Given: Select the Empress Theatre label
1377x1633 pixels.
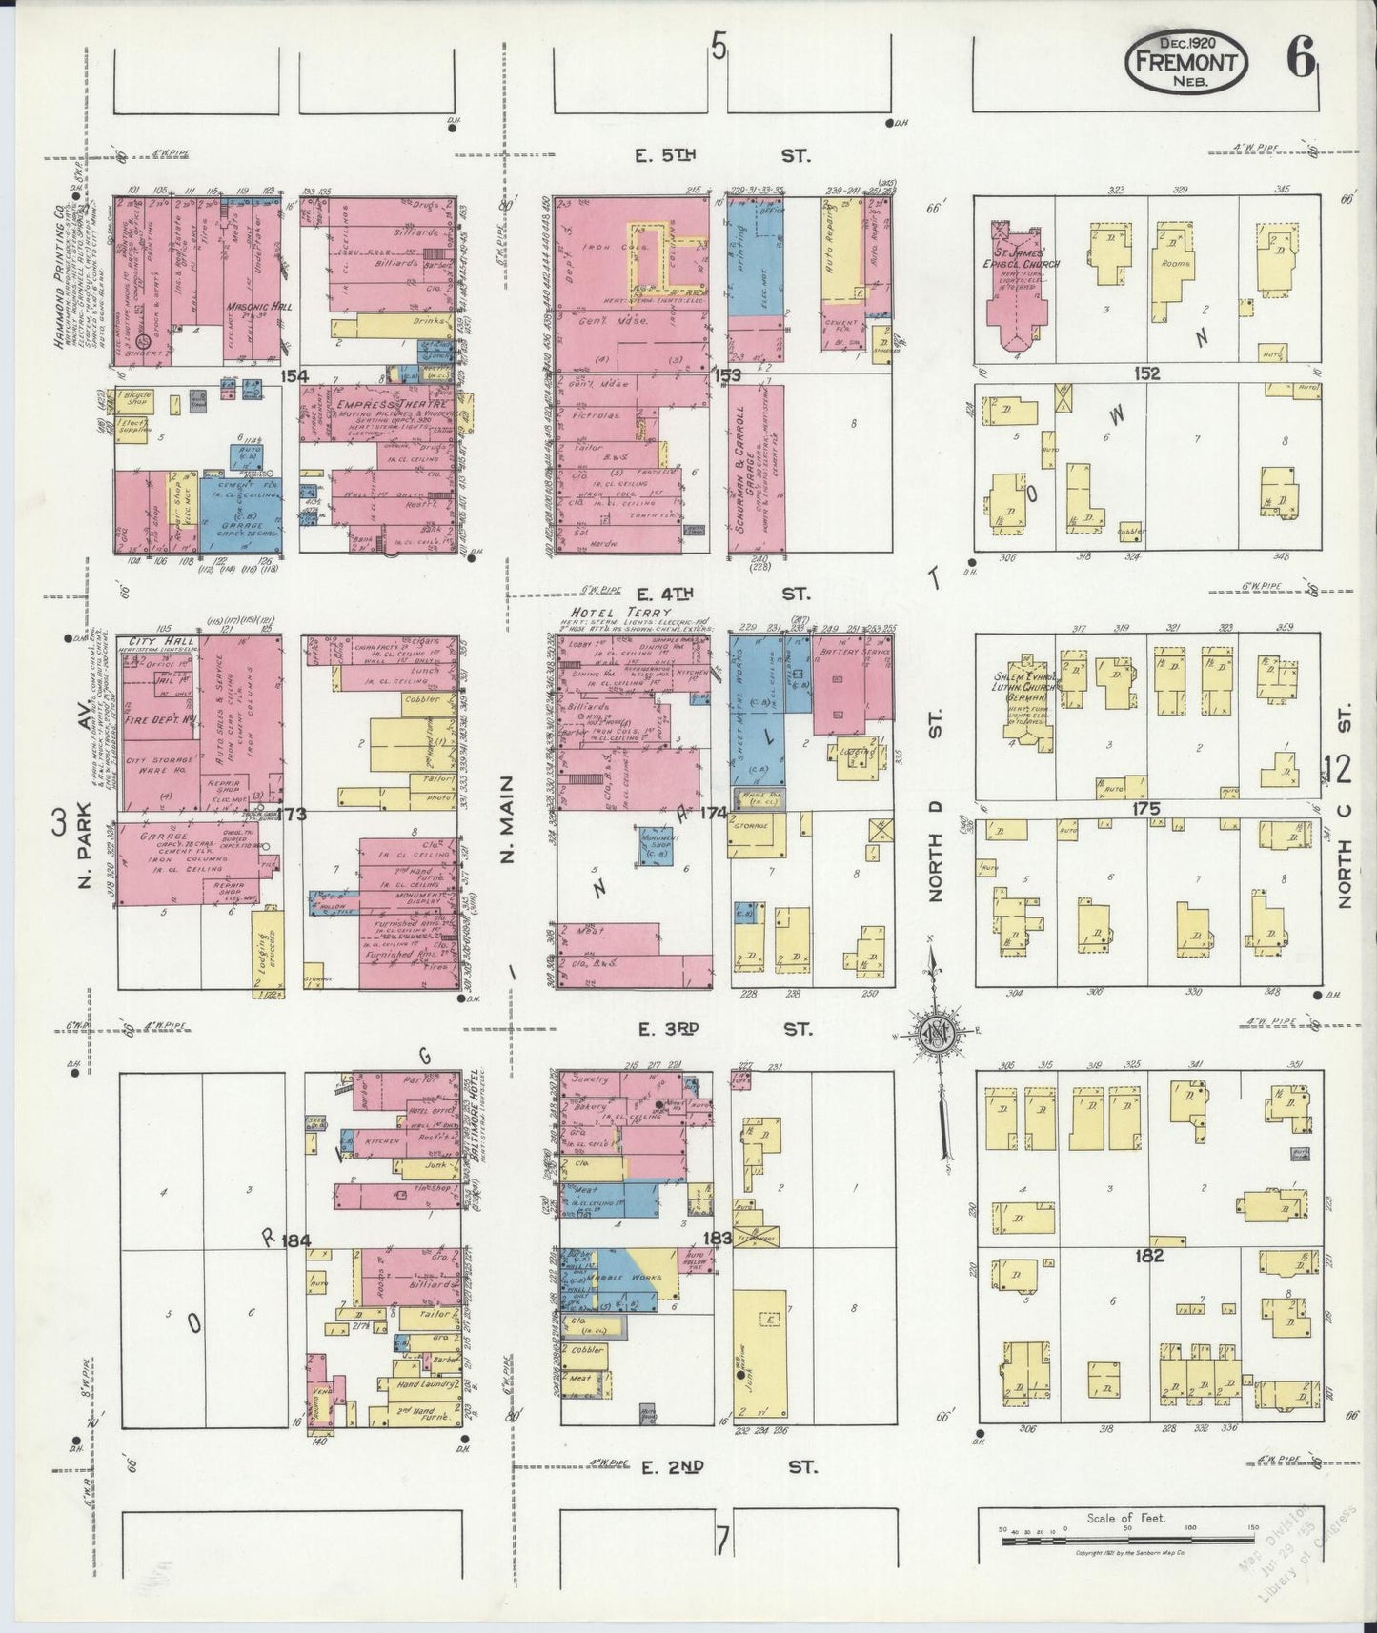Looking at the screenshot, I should coord(393,405).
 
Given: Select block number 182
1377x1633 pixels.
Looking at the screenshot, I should coord(1149,1256).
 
